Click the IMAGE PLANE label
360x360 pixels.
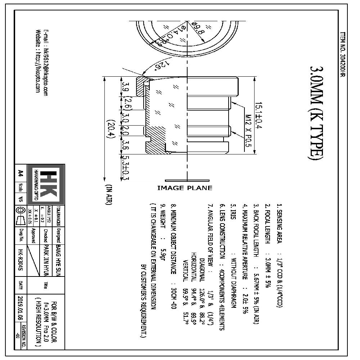185,188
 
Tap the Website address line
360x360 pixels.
37,61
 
